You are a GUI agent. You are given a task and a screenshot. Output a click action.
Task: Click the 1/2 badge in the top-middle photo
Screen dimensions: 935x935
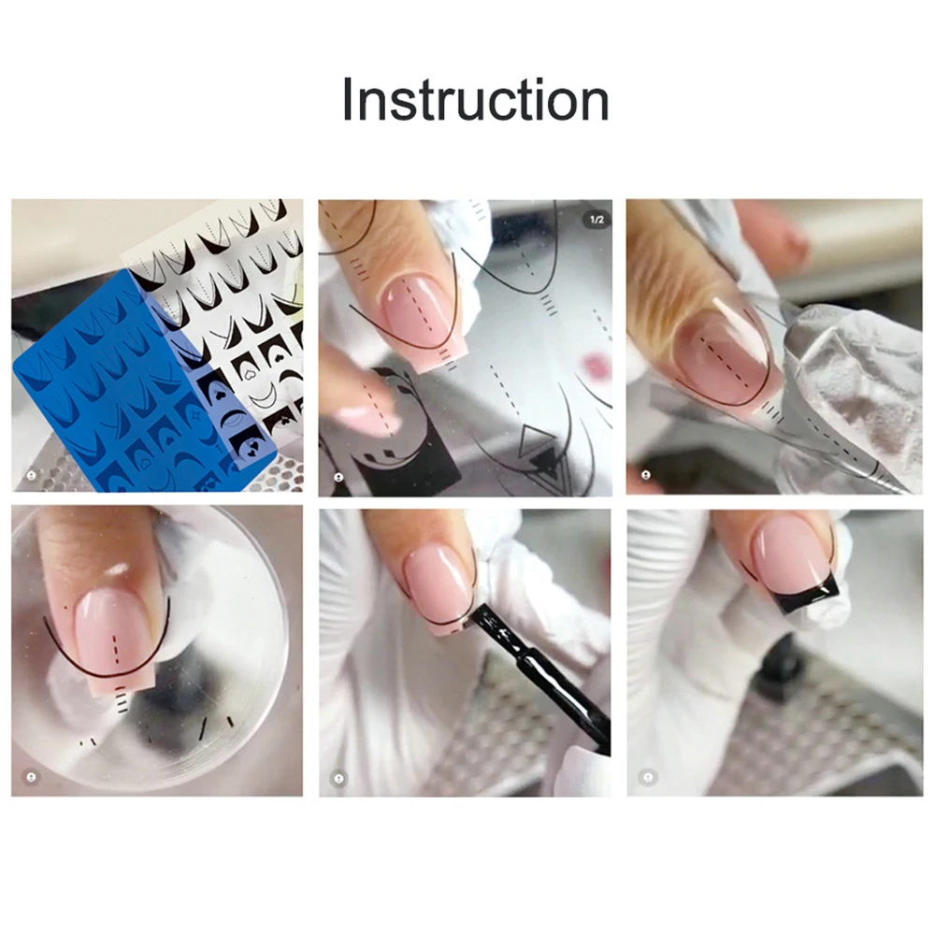click(595, 220)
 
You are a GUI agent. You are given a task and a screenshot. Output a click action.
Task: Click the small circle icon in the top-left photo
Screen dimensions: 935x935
click(31, 475)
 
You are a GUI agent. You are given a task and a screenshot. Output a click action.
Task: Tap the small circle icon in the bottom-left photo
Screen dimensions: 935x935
click(31, 776)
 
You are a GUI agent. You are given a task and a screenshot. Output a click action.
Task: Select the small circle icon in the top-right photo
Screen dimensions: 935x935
click(645, 475)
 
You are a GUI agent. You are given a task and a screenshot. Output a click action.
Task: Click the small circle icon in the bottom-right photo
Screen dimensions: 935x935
click(645, 776)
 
